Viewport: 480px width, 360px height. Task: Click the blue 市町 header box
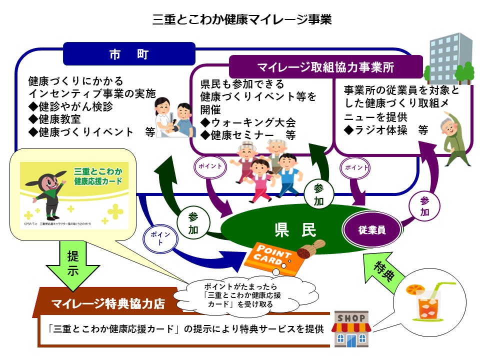(129, 53)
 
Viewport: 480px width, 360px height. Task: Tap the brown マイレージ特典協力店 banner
(109, 303)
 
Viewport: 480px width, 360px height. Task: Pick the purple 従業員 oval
(372, 230)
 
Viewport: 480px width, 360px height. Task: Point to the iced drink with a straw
(423, 300)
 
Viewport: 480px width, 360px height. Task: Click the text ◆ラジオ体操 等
(386, 130)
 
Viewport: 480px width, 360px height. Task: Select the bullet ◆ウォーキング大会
(248, 122)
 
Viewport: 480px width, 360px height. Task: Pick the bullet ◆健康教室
(55, 119)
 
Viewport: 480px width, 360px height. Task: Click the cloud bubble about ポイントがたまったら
(245, 295)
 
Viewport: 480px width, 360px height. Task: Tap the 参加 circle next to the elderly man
(424, 206)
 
